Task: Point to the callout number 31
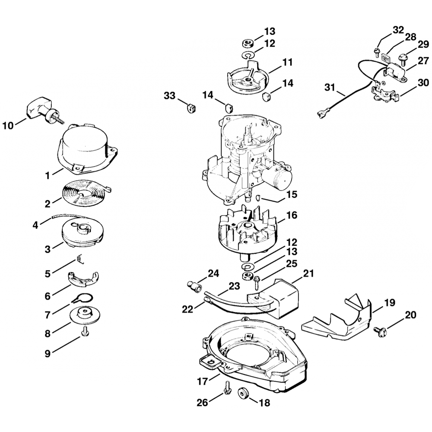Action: point(330,87)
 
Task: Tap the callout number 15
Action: point(292,195)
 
